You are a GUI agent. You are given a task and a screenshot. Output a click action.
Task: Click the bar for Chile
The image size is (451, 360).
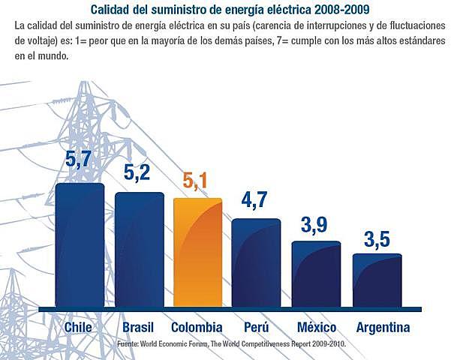pyautogui.click(x=80, y=245)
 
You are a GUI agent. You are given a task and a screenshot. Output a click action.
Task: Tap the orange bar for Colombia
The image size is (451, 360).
pyautogui.click(x=197, y=253)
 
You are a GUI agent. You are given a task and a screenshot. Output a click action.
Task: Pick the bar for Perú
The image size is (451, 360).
pyautogui.click(x=256, y=262)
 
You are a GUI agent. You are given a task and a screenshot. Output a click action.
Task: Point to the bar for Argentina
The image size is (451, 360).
pyautogui.click(x=377, y=280)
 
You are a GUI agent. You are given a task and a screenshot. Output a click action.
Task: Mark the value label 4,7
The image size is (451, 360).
pyautogui.click(x=256, y=201)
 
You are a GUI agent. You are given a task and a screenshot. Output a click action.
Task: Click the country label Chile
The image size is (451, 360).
pyautogui.click(x=79, y=328)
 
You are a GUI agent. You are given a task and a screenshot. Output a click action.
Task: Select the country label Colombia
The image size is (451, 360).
pyautogui.click(x=197, y=328)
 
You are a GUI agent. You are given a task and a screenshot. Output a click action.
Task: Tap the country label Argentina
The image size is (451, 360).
pyautogui.click(x=383, y=328)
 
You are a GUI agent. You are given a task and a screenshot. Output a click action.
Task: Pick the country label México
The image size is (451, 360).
pyautogui.click(x=316, y=328)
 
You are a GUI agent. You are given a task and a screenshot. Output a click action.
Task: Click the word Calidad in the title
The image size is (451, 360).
pyautogui.click(x=111, y=10)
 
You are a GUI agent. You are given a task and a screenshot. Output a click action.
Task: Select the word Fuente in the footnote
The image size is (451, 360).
pyautogui.click(x=128, y=343)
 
